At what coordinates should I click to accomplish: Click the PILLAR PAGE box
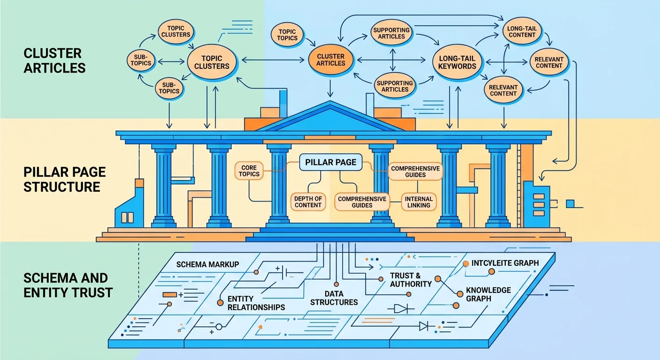331,163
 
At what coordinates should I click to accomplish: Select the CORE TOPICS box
249,171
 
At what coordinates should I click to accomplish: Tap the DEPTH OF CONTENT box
308,202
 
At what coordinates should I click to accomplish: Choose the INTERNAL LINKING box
419,202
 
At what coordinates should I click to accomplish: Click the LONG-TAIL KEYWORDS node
457,62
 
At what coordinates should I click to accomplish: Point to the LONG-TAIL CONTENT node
522,31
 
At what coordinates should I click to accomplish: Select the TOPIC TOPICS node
287,35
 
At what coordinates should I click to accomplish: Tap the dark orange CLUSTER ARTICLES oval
331,60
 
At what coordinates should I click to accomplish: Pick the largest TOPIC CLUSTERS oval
211,62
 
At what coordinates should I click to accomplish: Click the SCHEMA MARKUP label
208,264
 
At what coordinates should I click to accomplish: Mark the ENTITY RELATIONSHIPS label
256,303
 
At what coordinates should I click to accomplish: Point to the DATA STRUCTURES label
334,298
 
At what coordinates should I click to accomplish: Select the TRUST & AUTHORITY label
411,280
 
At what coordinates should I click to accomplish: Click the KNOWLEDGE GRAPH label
488,294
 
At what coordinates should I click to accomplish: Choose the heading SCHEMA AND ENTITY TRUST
68,285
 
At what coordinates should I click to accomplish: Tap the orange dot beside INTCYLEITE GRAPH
466,264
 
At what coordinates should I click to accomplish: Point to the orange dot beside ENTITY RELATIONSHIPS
220,303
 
